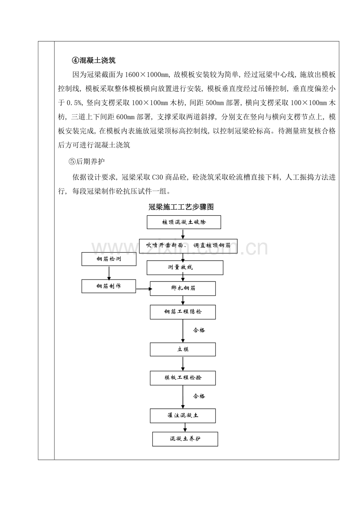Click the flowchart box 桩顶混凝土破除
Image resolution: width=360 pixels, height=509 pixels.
(x=184, y=222)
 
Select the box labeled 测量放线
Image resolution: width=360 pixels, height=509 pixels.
(x=185, y=268)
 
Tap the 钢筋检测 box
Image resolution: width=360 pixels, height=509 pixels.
(x=109, y=259)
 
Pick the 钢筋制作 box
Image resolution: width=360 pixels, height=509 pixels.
(x=109, y=286)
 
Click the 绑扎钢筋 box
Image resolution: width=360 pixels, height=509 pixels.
(x=183, y=289)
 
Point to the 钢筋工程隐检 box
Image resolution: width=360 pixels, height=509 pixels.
(x=183, y=312)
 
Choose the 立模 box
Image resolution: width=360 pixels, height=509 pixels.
(x=183, y=349)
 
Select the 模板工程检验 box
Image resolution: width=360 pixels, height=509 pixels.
(x=183, y=378)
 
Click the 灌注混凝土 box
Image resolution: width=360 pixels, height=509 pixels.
(x=183, y=416)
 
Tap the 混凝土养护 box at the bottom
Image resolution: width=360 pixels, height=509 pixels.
(x=185, y=439)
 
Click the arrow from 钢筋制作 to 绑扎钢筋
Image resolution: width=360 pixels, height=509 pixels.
(x=143, y=289)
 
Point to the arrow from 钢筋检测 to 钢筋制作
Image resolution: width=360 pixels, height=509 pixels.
(x=109, y=272)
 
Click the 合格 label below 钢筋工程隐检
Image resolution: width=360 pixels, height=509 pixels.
(x=199, y=330)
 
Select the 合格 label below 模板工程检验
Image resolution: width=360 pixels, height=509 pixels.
(x=199, y=396)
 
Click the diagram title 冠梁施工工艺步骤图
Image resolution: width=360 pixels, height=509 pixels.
(x=181, y=207)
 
